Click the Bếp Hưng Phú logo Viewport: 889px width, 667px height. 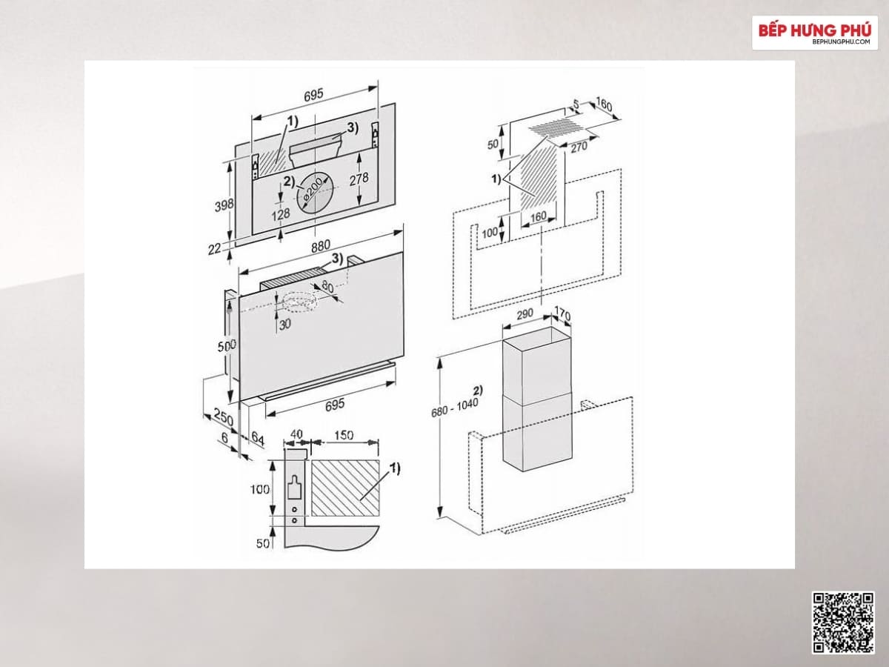click(814, 33)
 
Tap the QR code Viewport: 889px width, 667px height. click(843, 622)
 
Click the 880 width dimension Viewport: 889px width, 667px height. click(320, 246)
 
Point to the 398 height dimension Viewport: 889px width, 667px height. click(224, 205)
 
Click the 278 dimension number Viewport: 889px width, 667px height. click(359, 179)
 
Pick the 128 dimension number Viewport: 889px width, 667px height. click(280, 213)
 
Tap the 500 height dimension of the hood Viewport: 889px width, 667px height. click(227, 346)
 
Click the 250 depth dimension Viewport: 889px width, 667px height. click(224, 417)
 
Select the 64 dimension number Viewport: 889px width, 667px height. click(258, 437)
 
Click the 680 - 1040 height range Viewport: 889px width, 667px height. click(454, 408)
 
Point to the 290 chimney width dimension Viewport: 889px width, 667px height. click(525, 313)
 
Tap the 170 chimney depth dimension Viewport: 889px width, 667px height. click(562, 313)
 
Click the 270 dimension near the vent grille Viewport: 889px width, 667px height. click(579, 147)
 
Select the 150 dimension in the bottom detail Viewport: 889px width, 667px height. click(344, 435)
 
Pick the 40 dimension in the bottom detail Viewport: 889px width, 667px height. click(296, 434)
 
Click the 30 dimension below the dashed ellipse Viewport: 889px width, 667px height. click(284, 324)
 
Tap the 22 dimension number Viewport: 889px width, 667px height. click(214, 249)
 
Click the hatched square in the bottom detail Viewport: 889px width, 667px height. click(345, 488)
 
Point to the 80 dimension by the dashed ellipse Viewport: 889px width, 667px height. click(327, 288)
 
